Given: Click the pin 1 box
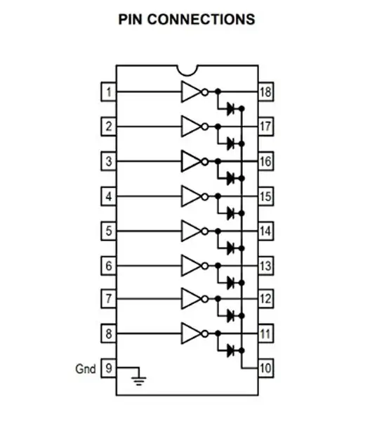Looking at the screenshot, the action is coord(109,91).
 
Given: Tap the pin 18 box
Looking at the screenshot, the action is coord(266,91).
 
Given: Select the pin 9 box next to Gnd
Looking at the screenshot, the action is coord(109,368).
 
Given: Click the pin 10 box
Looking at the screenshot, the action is coord(266,368).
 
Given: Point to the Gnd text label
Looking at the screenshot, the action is coord(86,369).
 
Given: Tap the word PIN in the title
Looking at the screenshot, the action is coord(130,20).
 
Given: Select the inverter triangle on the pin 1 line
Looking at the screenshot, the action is coord(191,91).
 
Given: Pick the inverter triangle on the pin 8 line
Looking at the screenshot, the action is coord(191,333).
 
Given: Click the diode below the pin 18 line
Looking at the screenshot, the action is coord(230,109).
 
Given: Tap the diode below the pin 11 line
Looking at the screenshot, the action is coord(230,350).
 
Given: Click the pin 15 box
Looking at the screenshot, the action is coord(266,196).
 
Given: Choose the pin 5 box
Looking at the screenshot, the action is coord(109,231).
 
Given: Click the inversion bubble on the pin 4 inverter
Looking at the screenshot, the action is coord(205,197).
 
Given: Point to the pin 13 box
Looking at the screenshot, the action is coord(266,266).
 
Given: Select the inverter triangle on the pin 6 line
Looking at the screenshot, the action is coord(191,266).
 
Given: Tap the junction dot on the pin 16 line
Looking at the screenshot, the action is coord(218,161).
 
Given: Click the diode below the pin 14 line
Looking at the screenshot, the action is coord(230,248).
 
